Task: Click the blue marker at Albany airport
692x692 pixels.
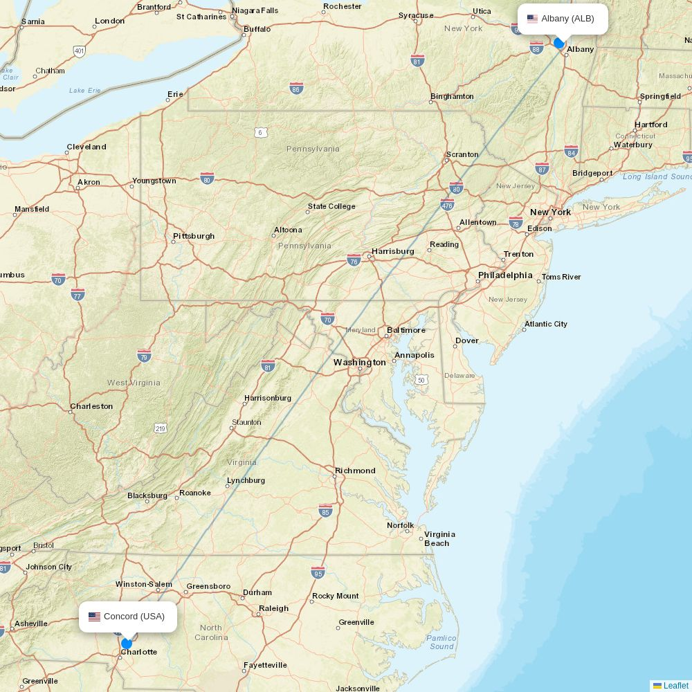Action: (x=559, y=43)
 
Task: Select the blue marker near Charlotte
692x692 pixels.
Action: (x=127, y=644)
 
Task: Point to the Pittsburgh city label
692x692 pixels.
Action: (x=194, y=236)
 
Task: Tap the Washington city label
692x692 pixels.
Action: (x=360, y=363)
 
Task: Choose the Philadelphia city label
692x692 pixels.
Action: (x=505, y=275)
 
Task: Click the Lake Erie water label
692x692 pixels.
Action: (x=85, y=91)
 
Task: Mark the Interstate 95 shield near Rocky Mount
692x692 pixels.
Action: (x=318, y=572)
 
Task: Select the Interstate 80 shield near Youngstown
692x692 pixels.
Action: (x=207, y=178)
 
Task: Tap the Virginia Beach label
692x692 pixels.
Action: (x=439, y=538)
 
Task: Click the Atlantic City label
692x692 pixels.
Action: (x=545, y=324)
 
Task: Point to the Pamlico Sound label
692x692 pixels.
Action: (x=441, y=642)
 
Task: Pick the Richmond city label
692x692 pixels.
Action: (x=355, y=471)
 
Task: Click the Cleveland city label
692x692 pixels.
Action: (x=86, y=147)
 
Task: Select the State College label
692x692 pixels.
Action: (x=331, y=206)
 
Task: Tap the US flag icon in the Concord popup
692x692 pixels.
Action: (x=94, y=617)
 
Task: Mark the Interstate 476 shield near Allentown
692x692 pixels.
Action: (x=447, y=205)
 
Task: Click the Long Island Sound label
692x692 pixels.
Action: (x=656, y=177)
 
